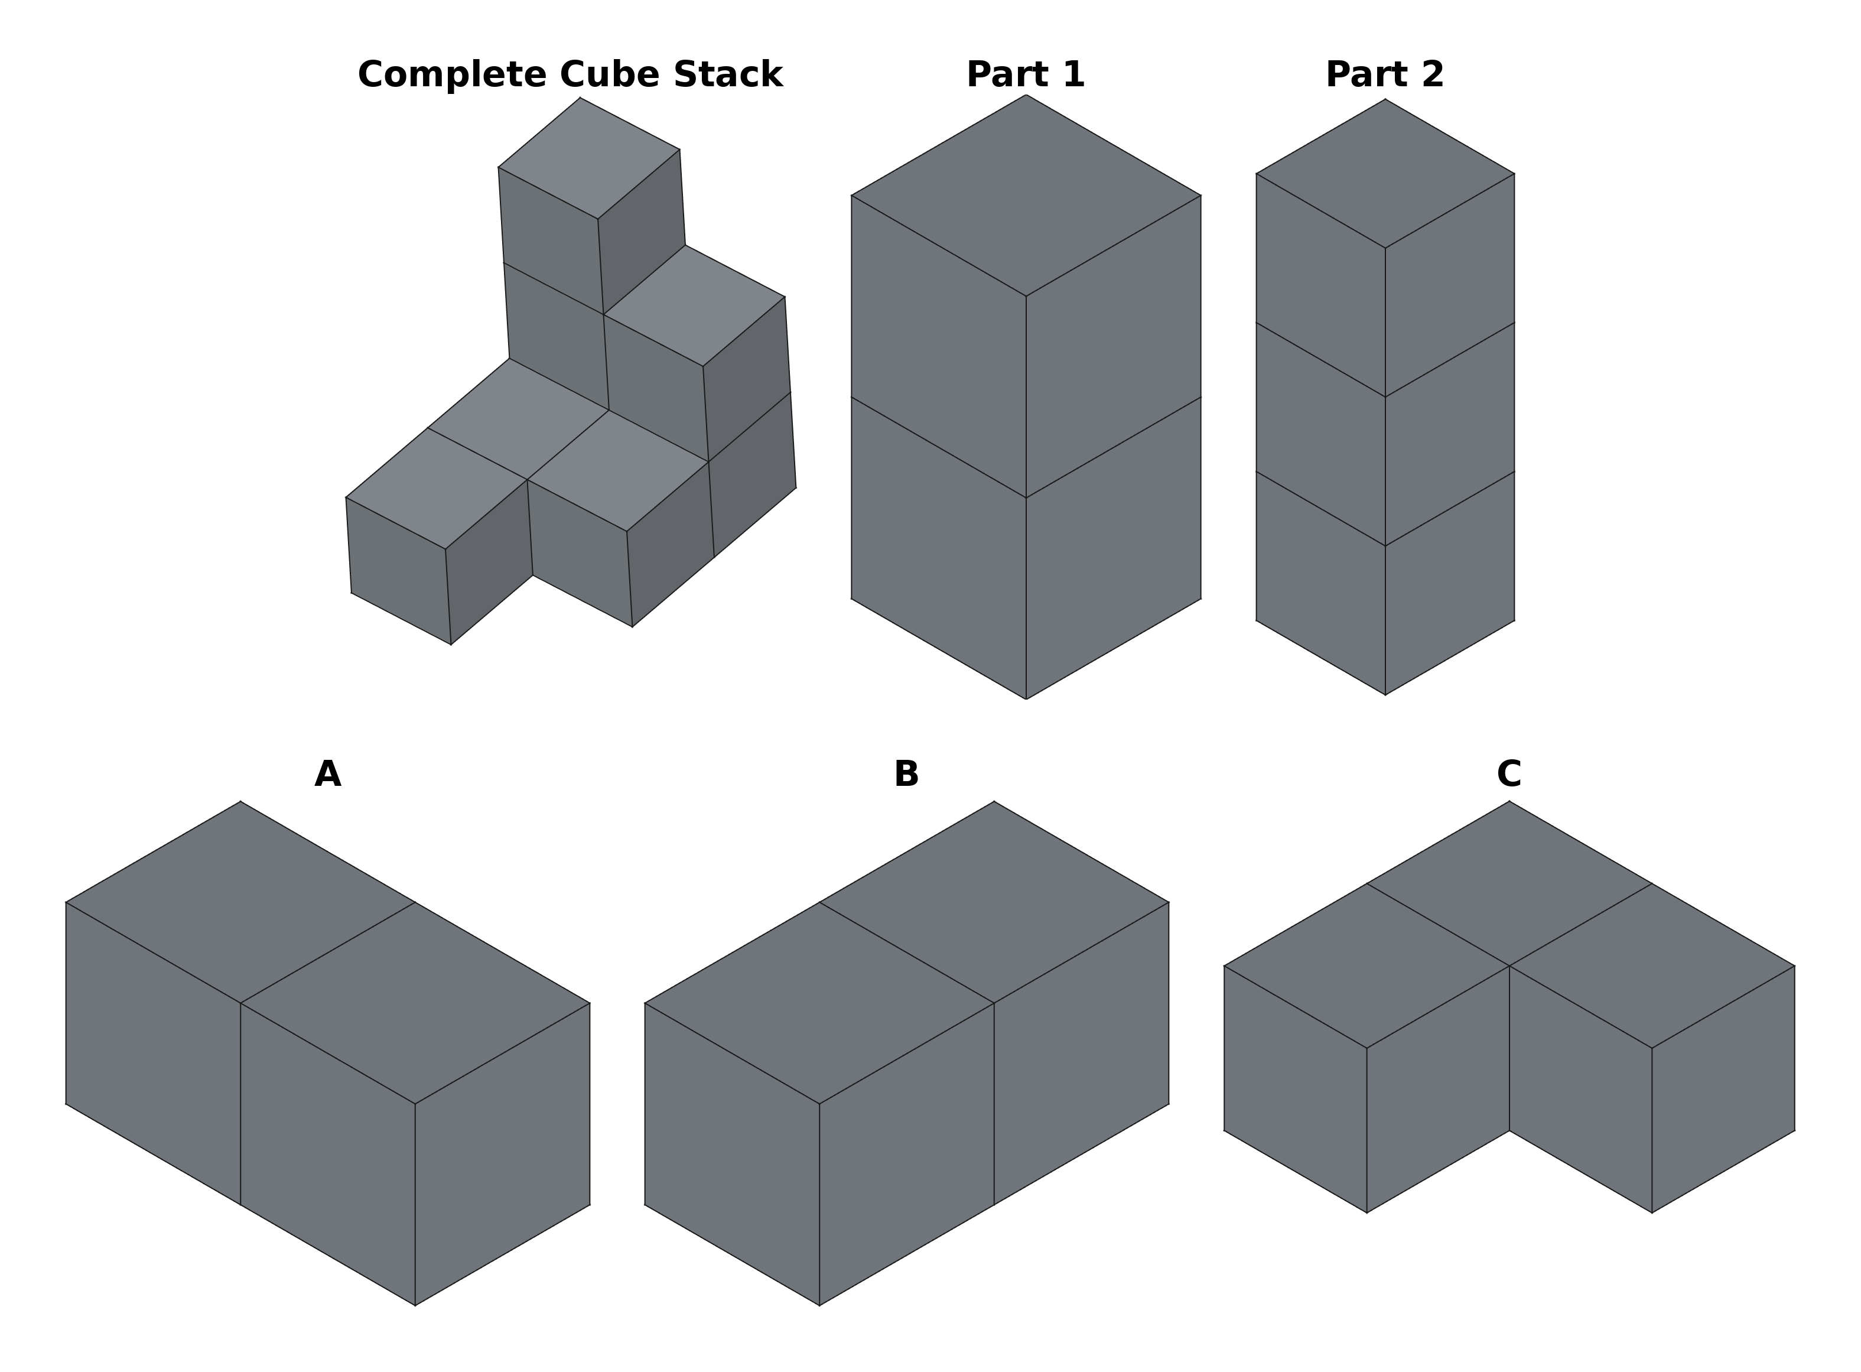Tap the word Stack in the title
(x=727, y=75)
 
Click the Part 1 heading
(x=1026, y=75)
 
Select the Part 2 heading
(x=1384, y=75)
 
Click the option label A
(x=327, y=774)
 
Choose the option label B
(x=906, y=774)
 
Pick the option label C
(x=1508, y=774)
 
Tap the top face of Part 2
(x=1384, y=174)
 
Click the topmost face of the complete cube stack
(x=589, y=158)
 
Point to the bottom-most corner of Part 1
(x=1026, y=698)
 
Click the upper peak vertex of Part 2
(x=1384, y=100)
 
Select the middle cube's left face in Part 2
(x=1320, y=434)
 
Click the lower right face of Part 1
(x=1113, y=548)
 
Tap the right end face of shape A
(x=502, y=1155)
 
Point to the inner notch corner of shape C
(x=1509, y=1130)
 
